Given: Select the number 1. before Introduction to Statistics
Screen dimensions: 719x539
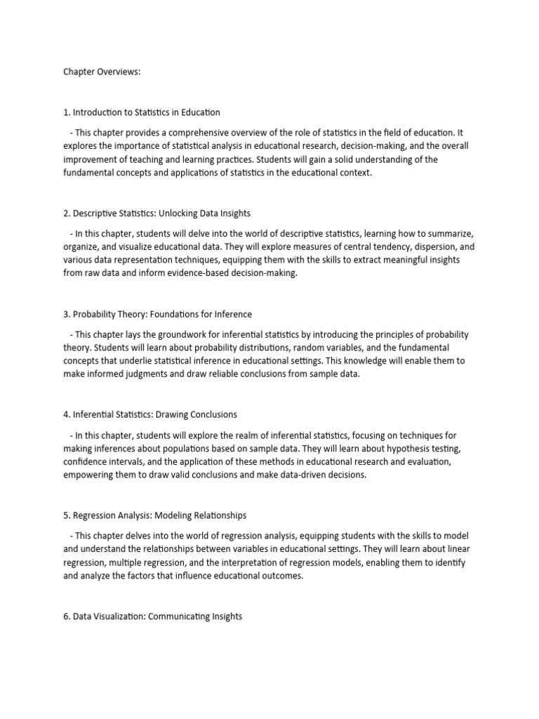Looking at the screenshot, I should click(x=67, y=112).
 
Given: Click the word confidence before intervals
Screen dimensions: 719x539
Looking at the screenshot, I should click(x=86, y=461).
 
